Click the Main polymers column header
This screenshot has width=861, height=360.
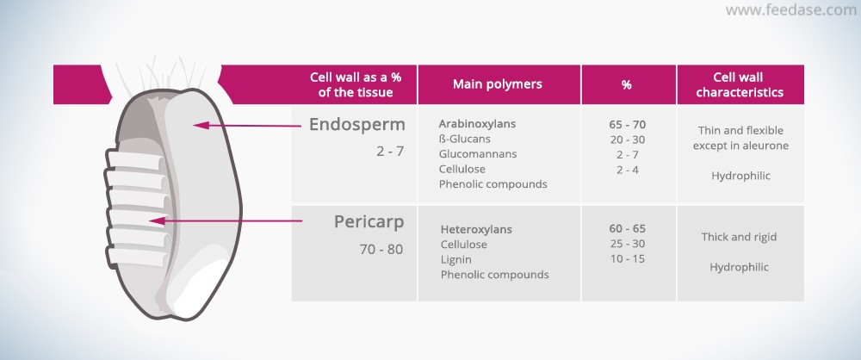498,84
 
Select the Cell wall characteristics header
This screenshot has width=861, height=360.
739,84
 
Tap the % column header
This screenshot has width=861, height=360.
627,84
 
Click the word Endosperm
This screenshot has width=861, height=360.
357,125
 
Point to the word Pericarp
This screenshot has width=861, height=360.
369,222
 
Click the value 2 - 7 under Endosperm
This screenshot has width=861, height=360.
390,151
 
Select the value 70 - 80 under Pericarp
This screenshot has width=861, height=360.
381,249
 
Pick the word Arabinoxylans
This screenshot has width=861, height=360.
477,124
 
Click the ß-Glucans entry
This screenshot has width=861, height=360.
465,139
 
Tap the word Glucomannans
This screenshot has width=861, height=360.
478,154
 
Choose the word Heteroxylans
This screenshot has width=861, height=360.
476,229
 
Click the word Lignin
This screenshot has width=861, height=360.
455,259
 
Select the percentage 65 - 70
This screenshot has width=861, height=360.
627,124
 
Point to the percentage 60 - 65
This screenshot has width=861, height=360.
627,228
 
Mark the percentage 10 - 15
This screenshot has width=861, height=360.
627,259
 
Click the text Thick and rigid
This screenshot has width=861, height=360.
739,237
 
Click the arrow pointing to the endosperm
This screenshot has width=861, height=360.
247,126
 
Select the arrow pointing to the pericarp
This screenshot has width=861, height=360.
226,221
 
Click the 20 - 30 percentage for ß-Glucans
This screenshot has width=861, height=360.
627,140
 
